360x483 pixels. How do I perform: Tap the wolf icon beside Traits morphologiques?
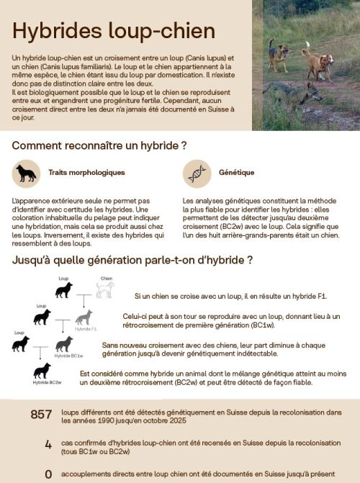pos(26,173)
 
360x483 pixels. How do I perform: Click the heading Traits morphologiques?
pos(86,173)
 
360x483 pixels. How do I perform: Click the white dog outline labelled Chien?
pos(105,289)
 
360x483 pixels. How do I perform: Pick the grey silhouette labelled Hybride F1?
pos(84,317)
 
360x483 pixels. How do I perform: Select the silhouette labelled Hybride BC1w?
pos(64,344)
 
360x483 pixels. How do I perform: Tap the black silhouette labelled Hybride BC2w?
pos(42,371)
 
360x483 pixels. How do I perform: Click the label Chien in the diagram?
pos(106,278)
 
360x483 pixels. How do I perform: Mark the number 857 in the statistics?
pos(41,415)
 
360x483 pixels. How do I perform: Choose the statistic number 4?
pos(48,445)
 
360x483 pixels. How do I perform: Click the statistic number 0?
pos(48,474)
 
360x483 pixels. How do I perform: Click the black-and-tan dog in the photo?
pos(279,54)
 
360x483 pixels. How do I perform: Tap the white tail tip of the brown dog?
pos(306,45)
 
